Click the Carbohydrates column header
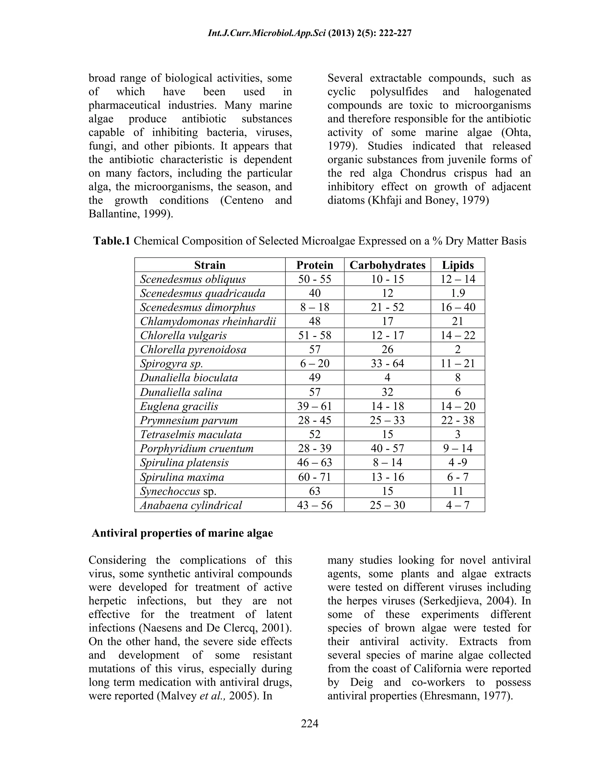pyautogui.click(x=387, y=265)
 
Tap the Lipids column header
pyautogui.click(x=458, y=265)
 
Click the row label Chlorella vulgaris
pyautogui.click(x=183, y=335)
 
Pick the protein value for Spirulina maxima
pyautogui.click(x=315, y=477)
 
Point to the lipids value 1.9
pyautogui.click(x=458, y=293)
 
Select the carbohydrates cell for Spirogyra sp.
pyautogui.click(x=387, y=363)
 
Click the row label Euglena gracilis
pyautogui.click(x=179, y=406)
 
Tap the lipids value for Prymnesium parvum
pyautogui.click(x=458, y=420)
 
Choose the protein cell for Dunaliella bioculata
pyautogui.click(x=315, y=377)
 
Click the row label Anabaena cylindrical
pyautogui.click(x=191, y=505)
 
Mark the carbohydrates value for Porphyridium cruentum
pyautogui.click(x=387, y=448)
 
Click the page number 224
pyautogui.click(x=310, y=723)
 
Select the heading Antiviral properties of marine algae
pyautogui.click(x=182, y=533)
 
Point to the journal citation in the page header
pyautogui.click(x=310, y=34)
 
